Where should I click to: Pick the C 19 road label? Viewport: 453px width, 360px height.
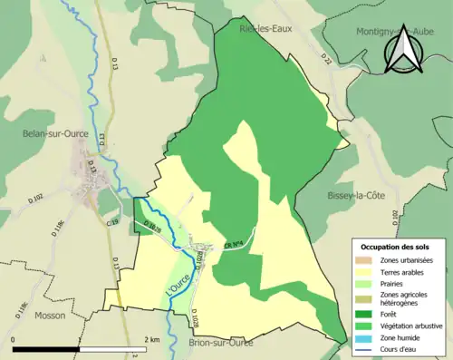coord(112,222)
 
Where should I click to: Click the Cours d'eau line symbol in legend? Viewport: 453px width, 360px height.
coord(369,345)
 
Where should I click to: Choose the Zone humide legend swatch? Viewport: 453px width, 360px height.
coord(369,335)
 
